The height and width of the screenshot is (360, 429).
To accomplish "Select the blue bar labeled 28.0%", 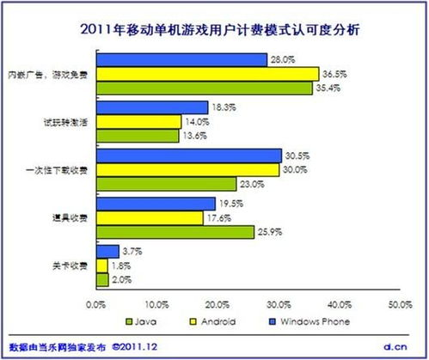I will point(182,60).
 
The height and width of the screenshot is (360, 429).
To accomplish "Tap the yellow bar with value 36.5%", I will point(208,74).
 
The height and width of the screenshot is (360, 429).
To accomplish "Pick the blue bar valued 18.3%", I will point(153,108).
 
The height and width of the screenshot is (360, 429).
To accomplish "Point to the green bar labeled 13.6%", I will point(138,135).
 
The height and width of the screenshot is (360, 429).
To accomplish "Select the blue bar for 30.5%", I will point(189,156).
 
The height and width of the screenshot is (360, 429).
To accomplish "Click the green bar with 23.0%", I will point(167,183).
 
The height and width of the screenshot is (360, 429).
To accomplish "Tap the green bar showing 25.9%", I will point(175,231).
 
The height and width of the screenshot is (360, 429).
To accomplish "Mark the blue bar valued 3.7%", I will point(108,251).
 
